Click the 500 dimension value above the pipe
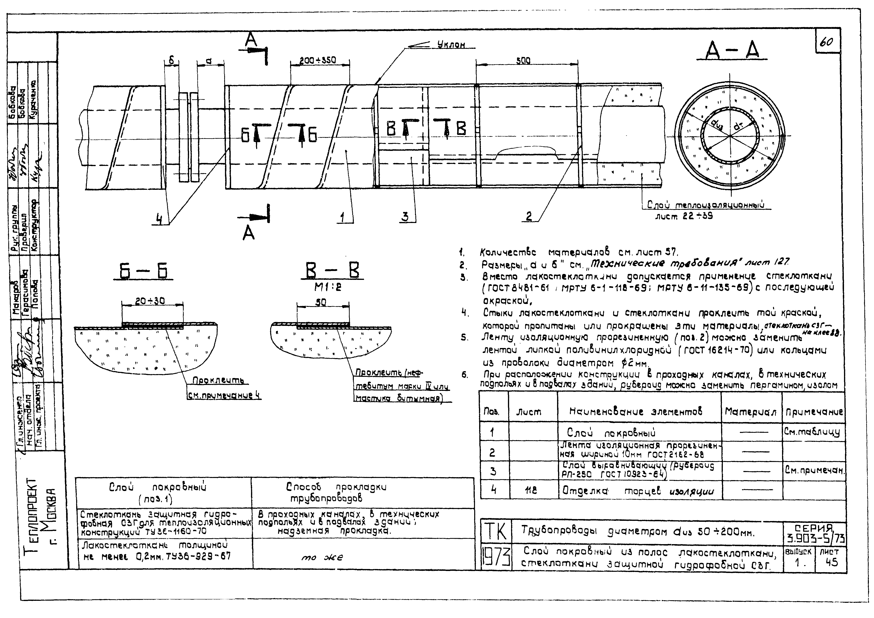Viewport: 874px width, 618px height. pos(524,60)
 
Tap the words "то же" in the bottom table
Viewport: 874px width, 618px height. pos(322,557)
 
